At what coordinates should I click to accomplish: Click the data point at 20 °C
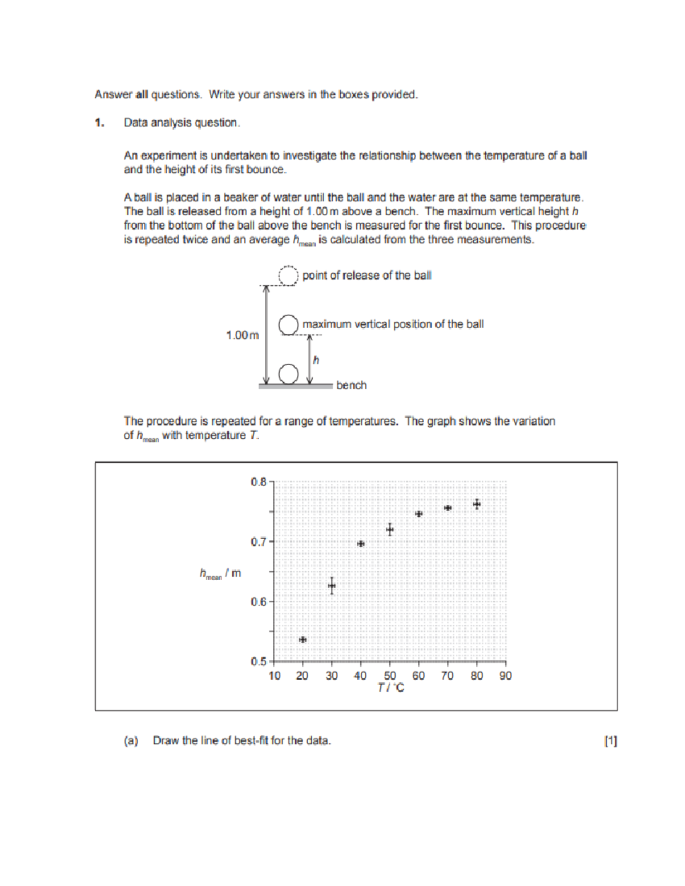click(303, 640)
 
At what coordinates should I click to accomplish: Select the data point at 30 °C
click(332, 585)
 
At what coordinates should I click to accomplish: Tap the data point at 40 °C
click(361, 544)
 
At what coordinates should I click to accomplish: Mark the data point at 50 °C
click(390, 529)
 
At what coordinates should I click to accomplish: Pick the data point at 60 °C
click(418, 513)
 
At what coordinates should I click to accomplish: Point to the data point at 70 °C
click(448, 508)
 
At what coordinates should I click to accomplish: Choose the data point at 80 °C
click(477, 504)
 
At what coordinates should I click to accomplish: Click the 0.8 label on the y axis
click(259, 482)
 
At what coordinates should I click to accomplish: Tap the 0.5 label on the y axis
click(259, 662)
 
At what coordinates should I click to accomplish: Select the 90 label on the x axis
click(506, 676)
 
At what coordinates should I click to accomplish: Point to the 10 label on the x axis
click(275, 676)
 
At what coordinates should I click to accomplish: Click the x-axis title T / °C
click(390, 688)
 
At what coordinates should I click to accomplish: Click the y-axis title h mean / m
click(220, 573)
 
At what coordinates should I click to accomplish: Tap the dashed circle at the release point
click(288, 276)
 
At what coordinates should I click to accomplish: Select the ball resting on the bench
click(288, 374)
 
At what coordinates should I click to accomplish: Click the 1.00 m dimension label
click(242, 335)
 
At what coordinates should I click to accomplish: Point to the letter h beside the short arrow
click(316, 360)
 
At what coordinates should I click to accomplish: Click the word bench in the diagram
click(351, 386)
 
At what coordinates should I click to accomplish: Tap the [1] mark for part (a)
click(610, 741)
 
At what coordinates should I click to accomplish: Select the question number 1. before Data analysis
click(99, 123)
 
